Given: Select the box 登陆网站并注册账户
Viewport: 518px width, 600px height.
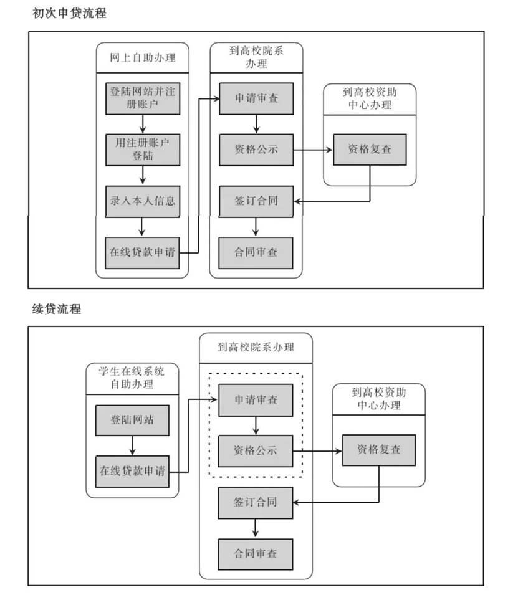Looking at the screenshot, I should tap(142, 98).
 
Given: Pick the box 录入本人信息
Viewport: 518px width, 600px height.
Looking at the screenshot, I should tap(142, 201).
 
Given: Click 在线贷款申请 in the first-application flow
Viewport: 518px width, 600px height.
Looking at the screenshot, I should tap(142, 252).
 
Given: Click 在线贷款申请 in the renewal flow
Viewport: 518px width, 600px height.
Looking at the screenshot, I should tap(132, 471).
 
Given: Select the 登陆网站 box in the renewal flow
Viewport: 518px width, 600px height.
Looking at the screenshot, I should tap(132, 421).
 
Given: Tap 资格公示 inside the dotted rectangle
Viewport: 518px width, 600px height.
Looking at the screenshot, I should tap(256, 450).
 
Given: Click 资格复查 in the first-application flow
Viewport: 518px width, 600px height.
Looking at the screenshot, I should tap(370, 150).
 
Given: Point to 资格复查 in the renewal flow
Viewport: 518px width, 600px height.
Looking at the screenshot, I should tap(379, 449).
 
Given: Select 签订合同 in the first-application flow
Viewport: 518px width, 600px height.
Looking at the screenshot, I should tap(256, 201).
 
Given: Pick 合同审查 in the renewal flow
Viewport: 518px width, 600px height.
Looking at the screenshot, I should tap(256, 553).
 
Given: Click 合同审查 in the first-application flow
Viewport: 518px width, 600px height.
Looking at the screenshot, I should tap(256, 252).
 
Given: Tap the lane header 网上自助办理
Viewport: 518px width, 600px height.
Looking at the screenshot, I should tap(142, 59).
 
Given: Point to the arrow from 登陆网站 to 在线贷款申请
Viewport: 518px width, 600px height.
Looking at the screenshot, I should tap(132, 446).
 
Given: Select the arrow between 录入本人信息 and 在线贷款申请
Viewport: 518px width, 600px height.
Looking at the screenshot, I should tap(142, 226).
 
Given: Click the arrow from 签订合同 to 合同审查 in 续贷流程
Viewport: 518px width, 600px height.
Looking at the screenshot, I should tap(256, 528).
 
